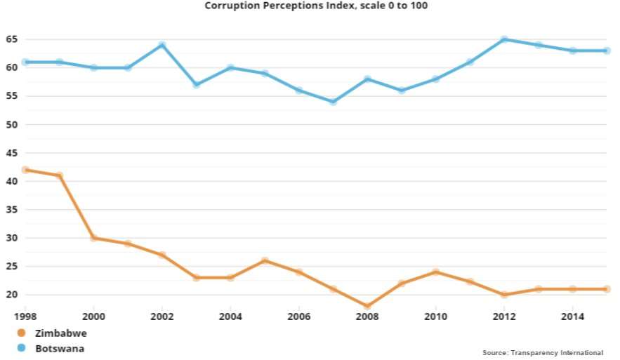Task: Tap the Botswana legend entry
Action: tap(60, 347)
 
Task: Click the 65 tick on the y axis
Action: tap(12, 39)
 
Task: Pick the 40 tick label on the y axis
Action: tap(12, 181)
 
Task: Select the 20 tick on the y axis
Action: tap(12, 295)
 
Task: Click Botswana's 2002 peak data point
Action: tap(162, 45)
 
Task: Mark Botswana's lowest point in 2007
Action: tap(333, 102)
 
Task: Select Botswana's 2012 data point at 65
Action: tap(504, 39)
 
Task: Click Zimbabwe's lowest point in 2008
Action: tap(367, 306)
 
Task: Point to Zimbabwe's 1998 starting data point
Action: tap(25, 170)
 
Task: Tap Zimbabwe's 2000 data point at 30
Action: tap(93, 238)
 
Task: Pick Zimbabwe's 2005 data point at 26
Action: tap(265, 260)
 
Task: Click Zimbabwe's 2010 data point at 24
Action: tap(435, 272)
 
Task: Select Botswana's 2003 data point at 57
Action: tap(197, 85)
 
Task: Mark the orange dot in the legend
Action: tap(21, 333)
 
